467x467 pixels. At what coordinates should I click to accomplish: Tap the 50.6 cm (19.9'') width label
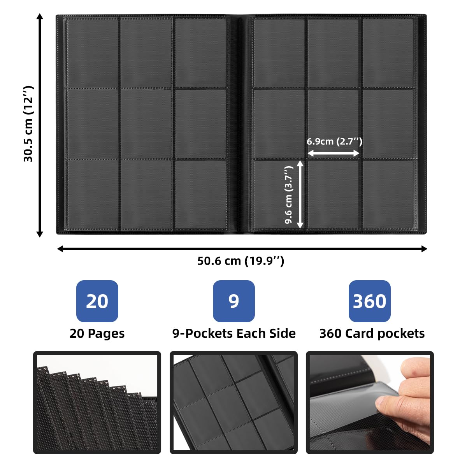[241, 261]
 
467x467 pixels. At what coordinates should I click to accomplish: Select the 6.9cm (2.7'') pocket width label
[334, 141]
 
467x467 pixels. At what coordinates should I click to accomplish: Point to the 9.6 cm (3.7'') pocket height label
[289, 195]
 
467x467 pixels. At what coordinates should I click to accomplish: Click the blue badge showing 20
[97, 301]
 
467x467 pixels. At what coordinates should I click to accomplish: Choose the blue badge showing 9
[233, 301]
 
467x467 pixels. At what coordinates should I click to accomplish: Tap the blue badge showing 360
[369, 301]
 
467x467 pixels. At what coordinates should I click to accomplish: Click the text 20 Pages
[97, 334]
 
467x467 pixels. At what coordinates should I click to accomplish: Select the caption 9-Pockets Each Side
[234, 334]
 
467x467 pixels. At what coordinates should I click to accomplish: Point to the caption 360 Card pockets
[372, 334]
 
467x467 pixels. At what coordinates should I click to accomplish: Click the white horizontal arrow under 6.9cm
[334, 154]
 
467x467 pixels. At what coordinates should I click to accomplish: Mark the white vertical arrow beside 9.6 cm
[300, 195]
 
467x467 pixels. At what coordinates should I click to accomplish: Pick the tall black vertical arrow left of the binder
[39, 125]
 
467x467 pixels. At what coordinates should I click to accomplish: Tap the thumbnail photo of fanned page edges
[97, 402]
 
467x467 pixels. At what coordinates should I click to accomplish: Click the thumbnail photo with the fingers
[370, 402]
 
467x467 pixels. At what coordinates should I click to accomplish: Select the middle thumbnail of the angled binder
[233, 402]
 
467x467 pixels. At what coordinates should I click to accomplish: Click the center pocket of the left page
[146, 124]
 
